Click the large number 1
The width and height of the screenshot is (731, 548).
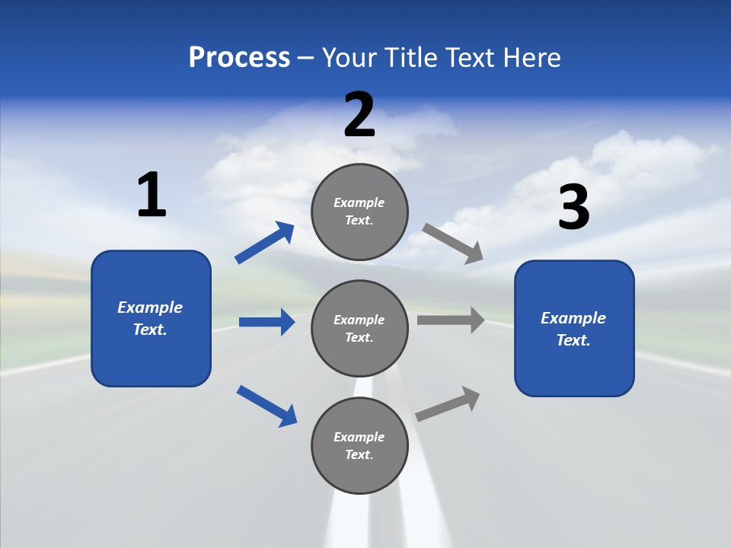point(152,196)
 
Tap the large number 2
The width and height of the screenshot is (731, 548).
point(359,115)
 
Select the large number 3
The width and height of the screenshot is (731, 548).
point(573,208)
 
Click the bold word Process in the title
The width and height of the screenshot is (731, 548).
point(239,58)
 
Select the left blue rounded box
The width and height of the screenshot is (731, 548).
point(151,318)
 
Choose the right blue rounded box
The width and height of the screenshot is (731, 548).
point(574,328)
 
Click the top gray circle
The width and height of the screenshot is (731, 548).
point(359,211)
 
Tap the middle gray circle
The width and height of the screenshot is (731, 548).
point(359,328)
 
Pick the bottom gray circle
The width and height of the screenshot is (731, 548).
point(359,445)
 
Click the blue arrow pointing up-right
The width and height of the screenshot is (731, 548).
point(265,243)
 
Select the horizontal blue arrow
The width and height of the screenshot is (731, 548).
point(267,322)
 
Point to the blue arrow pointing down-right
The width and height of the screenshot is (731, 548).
point(267,406)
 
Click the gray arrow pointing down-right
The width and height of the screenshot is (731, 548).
point(453,243)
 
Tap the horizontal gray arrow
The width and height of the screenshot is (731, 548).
point(451,320)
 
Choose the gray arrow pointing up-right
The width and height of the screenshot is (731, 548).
point(448,403)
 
